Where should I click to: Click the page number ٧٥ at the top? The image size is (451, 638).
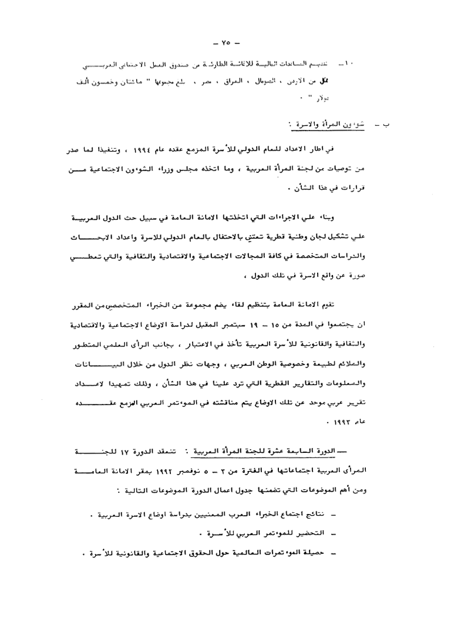(x=226, y=42)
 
